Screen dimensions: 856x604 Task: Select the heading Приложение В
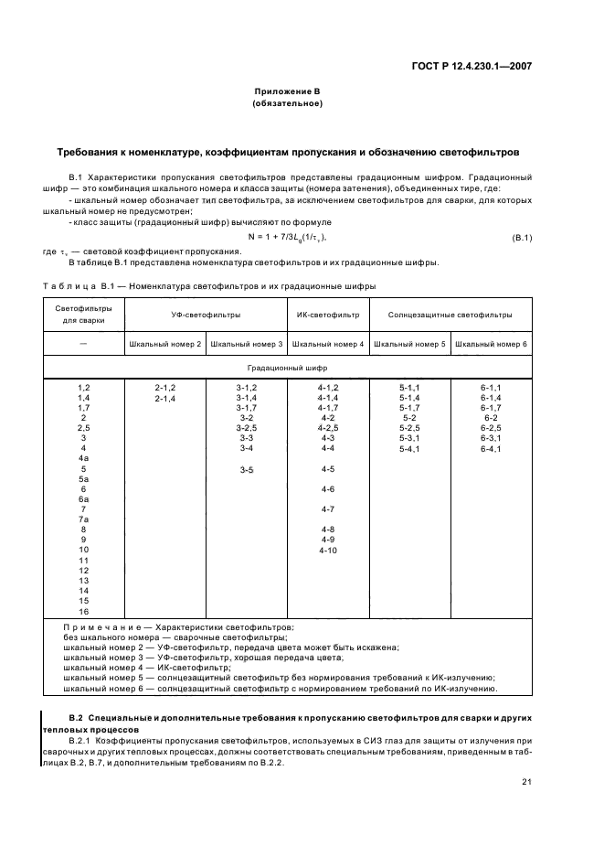point(288,92)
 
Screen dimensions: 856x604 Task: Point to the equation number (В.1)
point(521,238)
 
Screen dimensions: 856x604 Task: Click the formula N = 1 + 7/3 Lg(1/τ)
point(288,238)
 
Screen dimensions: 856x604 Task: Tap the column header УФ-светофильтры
point(206,315)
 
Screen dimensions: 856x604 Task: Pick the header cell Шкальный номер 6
point(491,344)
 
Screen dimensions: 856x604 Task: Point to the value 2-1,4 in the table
point(165,399)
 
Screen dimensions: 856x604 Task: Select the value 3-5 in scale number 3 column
point(247,469)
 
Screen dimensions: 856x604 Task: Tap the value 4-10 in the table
point(328,550)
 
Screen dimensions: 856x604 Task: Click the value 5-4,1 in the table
point(409,449)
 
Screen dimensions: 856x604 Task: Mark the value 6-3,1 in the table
point(491,439)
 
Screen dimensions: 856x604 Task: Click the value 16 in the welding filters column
point(83,610)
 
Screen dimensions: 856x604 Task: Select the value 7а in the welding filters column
point(83,519)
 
